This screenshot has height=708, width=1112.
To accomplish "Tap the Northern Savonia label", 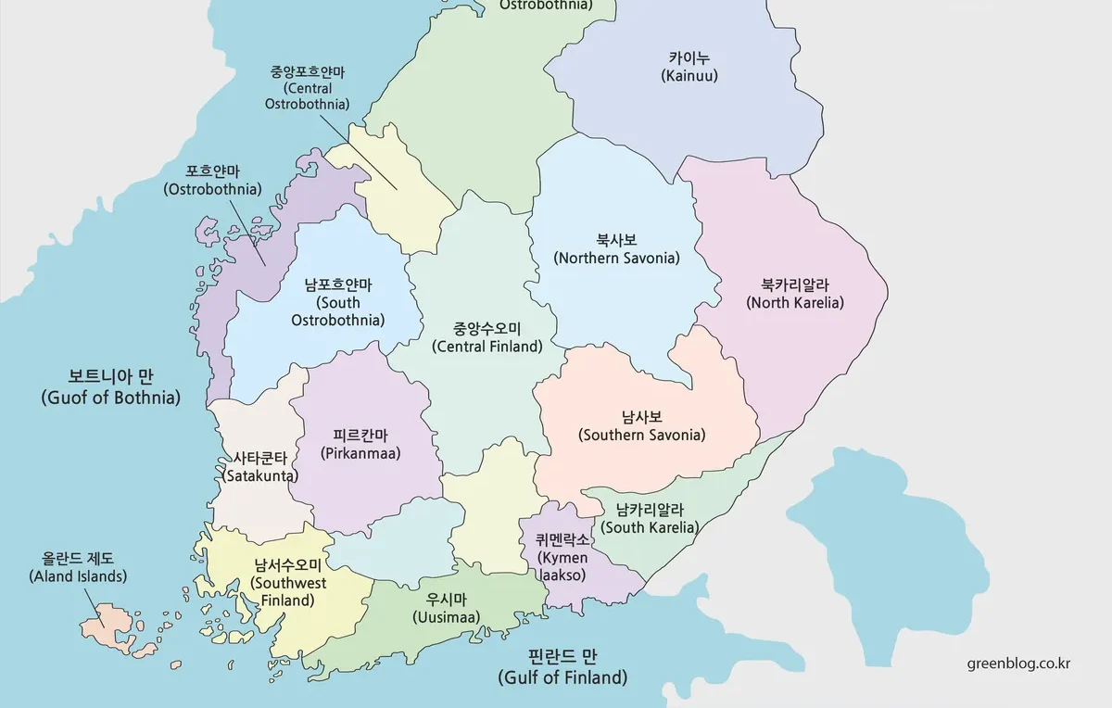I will [616, 248].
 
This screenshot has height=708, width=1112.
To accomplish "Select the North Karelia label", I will [795, 293].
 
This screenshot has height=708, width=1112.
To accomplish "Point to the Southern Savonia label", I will [641, 425].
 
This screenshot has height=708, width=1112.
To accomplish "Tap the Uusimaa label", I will [446, 608].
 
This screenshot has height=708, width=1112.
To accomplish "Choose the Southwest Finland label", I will [288, 582].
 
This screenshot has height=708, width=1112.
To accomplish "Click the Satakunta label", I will [260, 466].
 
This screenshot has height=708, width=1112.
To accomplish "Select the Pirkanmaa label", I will [360, 444].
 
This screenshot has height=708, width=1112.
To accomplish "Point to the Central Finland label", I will [486, 337].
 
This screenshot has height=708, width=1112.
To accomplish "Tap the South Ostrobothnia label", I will [338, 302].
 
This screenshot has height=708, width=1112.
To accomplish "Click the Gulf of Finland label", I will [562, 667].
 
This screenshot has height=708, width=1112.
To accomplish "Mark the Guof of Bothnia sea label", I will [110, 387].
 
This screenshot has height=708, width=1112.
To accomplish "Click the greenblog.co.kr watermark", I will [1018, 664].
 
